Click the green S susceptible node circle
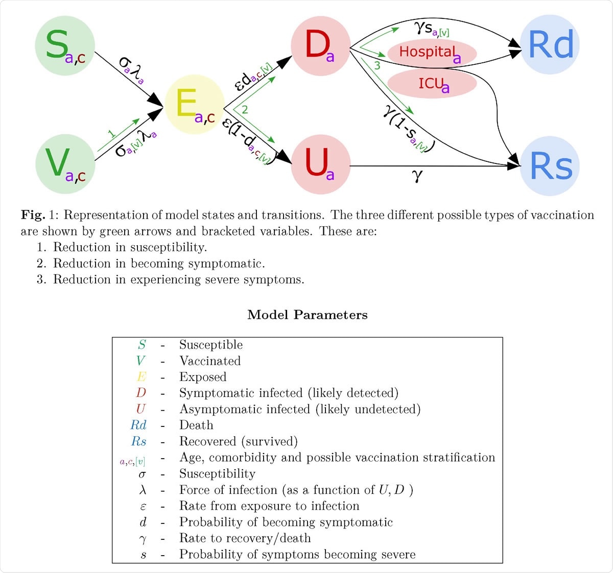click(65, 45)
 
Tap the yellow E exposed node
click(195, 105)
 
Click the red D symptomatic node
click(320, 45)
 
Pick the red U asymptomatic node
click(320, 164)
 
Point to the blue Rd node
click(550, 45)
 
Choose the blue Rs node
click(550, 166)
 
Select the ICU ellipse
click(432, 84)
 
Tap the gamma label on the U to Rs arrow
click(417, 176)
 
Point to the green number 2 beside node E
click(245, 110)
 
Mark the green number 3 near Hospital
click(377, 66)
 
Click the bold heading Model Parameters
click(307, 315)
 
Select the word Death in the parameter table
click(196, 425)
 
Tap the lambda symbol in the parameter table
click(143, 490)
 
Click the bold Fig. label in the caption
click(33, 215)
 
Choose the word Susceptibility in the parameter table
click(217, 474)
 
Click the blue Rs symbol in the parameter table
click(139, 442)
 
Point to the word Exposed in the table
click(203, 377)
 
